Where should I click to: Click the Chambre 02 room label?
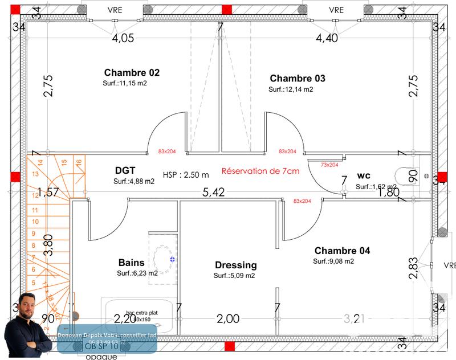click(132, 73)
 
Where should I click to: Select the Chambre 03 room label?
click(298, 78)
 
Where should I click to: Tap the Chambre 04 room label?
click(342, 251)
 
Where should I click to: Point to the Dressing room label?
click(235, 265)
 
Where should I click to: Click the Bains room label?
click(131, 263)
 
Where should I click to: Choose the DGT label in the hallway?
click(125, 170)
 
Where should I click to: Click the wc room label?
click(364, 175)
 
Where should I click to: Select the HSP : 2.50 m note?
click(186, 175)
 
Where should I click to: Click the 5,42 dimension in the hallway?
click(214, 193)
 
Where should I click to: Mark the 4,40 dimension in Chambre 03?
click(327, 38)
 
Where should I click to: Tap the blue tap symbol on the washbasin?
click(172, 259)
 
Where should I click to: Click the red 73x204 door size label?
click(329, 165)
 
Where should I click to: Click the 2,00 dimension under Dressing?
click(228, 319)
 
